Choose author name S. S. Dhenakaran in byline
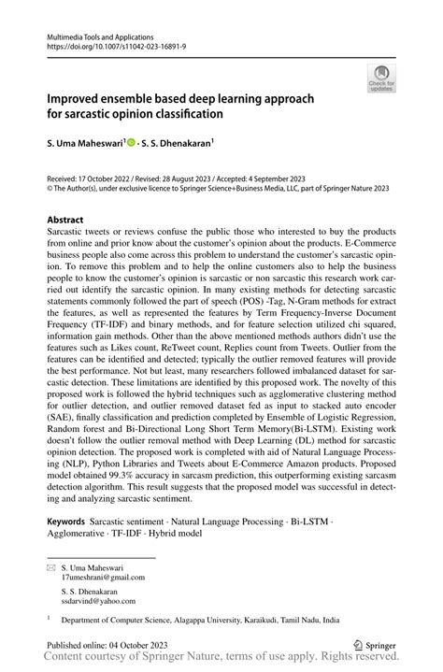point(183,145)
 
